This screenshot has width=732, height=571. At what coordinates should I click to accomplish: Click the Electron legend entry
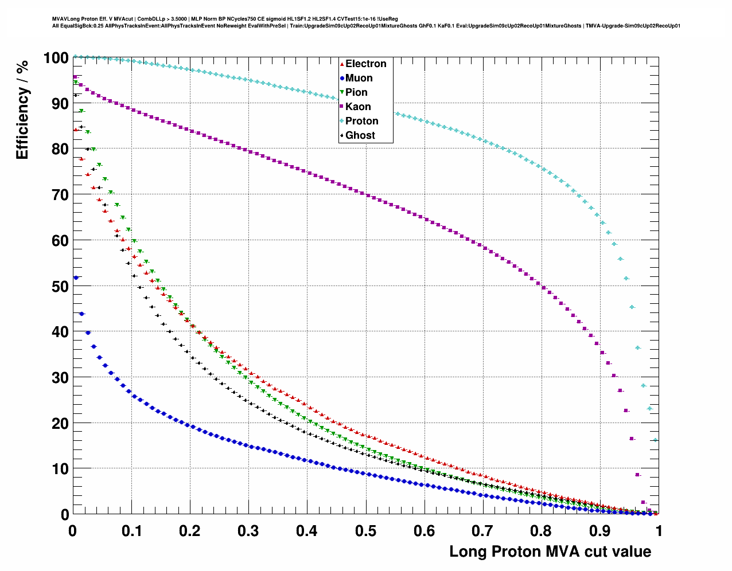(365, 64)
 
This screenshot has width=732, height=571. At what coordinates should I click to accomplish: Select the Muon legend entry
(359, 78)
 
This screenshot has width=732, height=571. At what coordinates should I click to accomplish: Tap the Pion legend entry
(356, 92)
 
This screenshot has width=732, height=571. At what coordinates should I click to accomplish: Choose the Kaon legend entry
(358, 107)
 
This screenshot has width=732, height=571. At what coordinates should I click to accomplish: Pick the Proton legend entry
(361, 121)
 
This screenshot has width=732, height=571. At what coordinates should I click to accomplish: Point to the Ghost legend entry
(360, 135)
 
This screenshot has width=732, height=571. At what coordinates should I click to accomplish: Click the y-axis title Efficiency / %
(22, 109)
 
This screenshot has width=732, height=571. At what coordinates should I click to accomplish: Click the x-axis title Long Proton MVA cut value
(550, 552)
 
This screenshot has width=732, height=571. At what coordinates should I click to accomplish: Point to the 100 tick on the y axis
(56, 57)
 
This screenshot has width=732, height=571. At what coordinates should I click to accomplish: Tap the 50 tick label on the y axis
(60, 286)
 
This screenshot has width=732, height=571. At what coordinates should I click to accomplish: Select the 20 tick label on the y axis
(60, 423)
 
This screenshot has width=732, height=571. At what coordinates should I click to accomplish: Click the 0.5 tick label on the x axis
(365, 531)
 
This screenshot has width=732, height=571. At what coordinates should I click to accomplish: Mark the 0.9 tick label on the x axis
(600, 531)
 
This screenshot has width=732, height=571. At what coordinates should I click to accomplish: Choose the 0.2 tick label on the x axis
(190, 531)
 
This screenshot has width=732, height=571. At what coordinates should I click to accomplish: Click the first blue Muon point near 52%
(76, 277)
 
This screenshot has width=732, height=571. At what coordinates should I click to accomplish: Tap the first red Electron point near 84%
(75, 130)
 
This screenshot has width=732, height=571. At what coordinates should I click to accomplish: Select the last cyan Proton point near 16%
(655, 440)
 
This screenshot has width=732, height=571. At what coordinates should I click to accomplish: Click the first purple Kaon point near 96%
(75, 77)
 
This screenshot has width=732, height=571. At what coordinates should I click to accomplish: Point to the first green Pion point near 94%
(76, 83)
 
